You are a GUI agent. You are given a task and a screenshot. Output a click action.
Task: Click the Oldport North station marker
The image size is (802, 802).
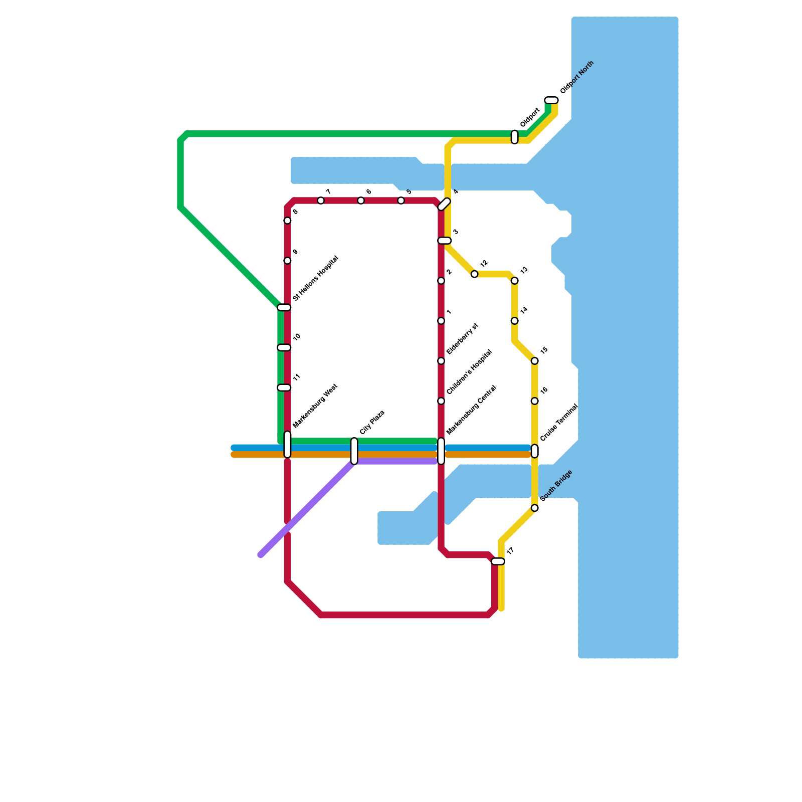(x=551, y=100)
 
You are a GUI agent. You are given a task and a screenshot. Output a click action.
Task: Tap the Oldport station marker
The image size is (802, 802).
(x=514, y=137)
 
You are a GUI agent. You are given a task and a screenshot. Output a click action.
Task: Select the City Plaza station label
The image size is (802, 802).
(x=372, y=422)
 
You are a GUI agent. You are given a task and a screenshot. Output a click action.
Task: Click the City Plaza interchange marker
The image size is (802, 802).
(x=354, y=451)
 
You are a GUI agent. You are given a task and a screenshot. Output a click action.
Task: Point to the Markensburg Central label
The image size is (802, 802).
(x=471, y=410)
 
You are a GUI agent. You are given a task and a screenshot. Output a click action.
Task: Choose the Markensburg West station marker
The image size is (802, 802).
(x=287, y=445)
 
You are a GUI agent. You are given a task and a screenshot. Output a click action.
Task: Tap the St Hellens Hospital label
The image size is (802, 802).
(x=315, y=278)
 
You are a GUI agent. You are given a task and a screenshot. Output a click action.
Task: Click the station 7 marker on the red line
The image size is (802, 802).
(x=321, y=200)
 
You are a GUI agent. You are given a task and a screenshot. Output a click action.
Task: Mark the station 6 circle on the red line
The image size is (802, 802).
(x=361, y=200)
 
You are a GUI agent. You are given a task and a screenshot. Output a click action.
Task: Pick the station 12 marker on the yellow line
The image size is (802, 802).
(x=474, y=274)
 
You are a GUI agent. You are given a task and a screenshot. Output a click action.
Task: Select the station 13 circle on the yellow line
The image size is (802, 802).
(x=514, y=281)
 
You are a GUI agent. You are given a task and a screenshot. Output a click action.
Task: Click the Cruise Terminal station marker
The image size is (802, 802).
(x=534, y=451)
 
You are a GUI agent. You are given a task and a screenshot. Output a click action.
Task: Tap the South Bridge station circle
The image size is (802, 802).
(x=534, y=508)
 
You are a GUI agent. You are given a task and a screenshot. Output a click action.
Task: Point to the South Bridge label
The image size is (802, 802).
(x=556, y=485)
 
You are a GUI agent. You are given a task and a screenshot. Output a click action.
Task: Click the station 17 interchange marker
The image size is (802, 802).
(x=498, y=561)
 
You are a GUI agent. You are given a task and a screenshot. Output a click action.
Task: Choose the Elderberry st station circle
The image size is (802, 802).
(x=441, y=361)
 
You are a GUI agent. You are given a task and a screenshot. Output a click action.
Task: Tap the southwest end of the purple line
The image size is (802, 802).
(x=261, y=554)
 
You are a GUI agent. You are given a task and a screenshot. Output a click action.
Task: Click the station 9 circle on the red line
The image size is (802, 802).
(x=287, y=261)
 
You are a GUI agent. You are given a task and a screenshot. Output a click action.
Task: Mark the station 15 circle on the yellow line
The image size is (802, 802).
(x=534, y=361)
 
